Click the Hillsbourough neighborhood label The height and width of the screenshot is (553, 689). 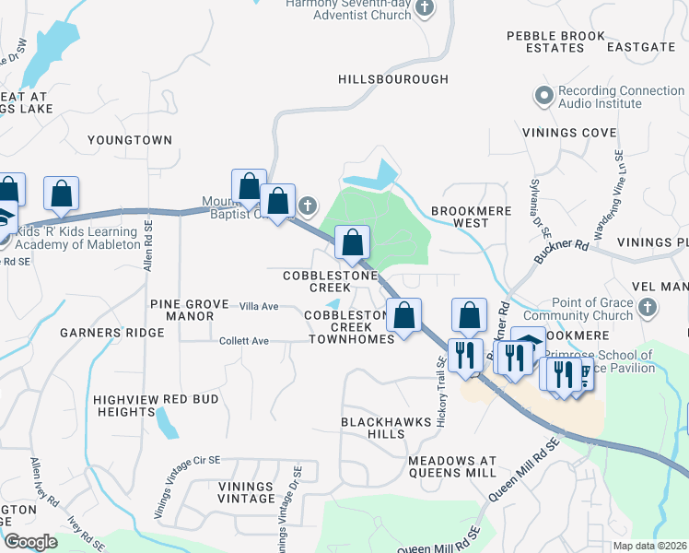[393, 80]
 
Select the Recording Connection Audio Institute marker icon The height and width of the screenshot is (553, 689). [543, 94]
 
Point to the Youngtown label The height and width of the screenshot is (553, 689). [130, 140]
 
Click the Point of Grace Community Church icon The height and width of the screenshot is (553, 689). [648, 307]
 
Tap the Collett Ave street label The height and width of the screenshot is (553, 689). [243, 341]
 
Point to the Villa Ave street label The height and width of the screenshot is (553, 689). [259, 306]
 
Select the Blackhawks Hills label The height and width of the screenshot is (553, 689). [372, 427]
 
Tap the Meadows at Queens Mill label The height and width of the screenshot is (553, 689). [452, 466]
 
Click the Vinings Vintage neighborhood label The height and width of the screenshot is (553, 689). [246, 492]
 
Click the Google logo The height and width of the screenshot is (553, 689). [30, 542]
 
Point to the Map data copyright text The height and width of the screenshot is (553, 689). [649, 546]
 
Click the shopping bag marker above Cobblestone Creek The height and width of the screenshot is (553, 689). [352, 242]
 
